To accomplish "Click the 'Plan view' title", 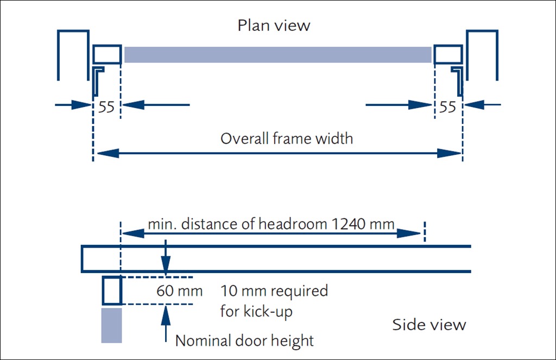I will pyautogui.click(x=274, y=26).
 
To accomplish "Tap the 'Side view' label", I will pyautogui.click(x=429, y=325).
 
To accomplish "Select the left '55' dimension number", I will pyautogui.click(x=106, y=107).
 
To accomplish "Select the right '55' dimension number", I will pyautogui.click(x=447, y=107).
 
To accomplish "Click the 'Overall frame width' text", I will pyautogui.click(x=286, y=138).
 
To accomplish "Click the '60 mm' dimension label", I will pyautogui.click(x=179, y=291).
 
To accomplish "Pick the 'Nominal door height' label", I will pyautogui.click(x=244, y=341).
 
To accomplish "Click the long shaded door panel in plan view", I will pyautogui.click(x=277, y=55).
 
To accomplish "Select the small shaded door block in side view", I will pyautogui.click(x=111, y=325).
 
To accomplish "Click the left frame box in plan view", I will pyautogui.click(x=107, y=55).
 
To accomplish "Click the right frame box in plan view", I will pyautogui.click(x=449, y=55).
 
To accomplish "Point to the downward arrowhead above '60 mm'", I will pyautogui.click(x=166, y=265).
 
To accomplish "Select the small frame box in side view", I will pyautogui.click(x=112, y=290).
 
